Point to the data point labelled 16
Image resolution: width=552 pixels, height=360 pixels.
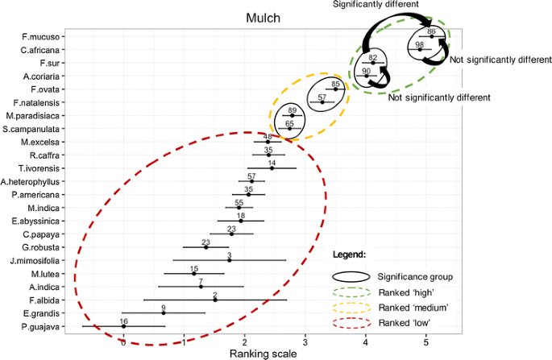click(x=123, y=326)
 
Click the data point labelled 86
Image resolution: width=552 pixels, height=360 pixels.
click(x=431, y=36)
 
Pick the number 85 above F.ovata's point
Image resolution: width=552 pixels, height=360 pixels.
click(x=336, y=83)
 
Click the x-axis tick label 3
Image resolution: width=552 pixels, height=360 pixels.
click(x=305, y=341)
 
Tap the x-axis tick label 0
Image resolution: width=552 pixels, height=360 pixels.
click(x=122, y=341)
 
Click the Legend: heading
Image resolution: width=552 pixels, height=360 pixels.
click(x=350, y=254)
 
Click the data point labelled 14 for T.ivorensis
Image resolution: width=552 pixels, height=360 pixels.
click(x=272, y=168)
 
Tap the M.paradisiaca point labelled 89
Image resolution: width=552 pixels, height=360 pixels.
click(x=292, y=115)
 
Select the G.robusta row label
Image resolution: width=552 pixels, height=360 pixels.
click(x=39, y=246)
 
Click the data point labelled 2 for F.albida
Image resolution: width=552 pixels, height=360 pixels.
click(x=215, y=300)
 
